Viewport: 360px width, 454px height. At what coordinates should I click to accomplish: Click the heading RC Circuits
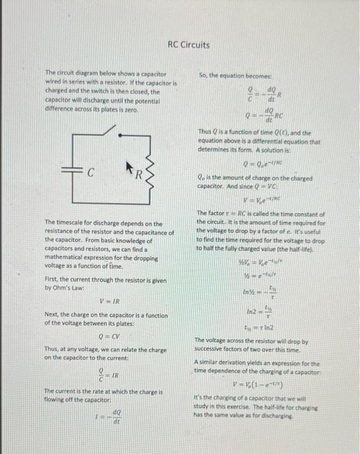point(188,45)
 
